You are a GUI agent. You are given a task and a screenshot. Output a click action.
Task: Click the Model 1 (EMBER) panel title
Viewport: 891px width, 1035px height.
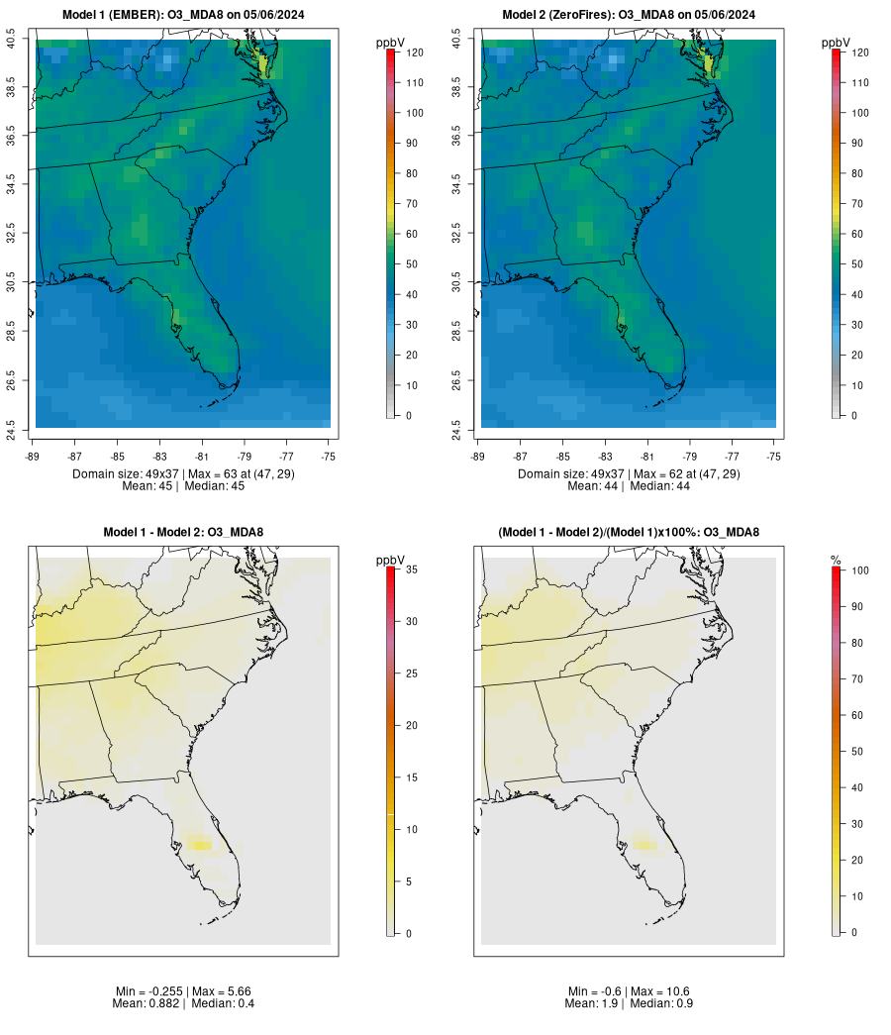(183, 14)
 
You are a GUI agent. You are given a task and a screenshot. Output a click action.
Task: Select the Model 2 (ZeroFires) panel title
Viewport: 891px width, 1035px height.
(629, 14)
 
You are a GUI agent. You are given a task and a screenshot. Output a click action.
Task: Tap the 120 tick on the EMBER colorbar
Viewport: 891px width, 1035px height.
(414, 52)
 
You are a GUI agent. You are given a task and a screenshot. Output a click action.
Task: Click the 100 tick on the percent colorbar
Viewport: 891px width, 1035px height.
(859, 570)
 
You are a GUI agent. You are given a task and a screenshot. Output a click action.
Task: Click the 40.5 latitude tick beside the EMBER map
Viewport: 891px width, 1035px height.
(12, 41)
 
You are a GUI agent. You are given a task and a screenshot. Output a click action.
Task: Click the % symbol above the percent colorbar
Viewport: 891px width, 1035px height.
(836, 561)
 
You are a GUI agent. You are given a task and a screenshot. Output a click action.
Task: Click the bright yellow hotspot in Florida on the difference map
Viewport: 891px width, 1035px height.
(201, 845)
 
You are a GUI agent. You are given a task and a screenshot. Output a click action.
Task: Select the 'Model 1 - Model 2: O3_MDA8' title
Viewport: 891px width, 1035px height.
(183, 533)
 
